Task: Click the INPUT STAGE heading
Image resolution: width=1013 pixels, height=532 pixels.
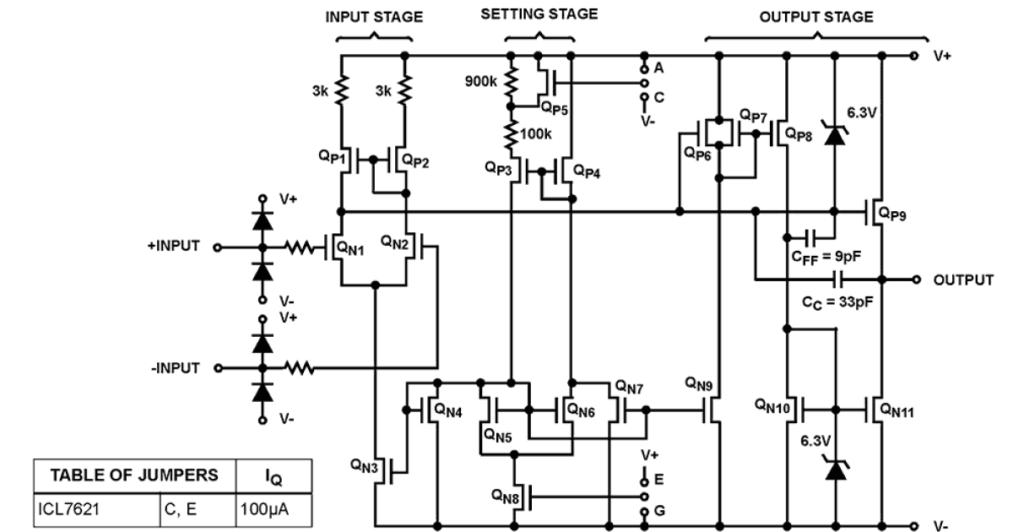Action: click(x=374, y=17)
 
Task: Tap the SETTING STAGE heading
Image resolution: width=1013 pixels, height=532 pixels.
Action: click(x=539, y=14)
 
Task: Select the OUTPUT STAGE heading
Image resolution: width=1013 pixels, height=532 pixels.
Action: click(x=815, y=16)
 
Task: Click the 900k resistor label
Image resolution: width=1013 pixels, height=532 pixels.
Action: click(x=481, y=82)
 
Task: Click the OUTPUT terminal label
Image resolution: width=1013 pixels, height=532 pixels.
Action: click(x=963, y=280)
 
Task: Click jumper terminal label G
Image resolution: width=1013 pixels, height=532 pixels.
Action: click(x=658, y=511)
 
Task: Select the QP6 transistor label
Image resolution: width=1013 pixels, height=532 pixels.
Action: click(x=697, y=154)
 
